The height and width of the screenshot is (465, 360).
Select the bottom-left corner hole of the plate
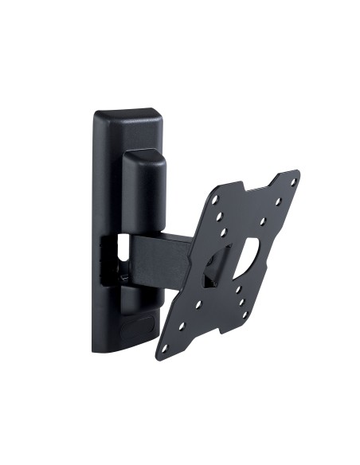click(x=166, y=345)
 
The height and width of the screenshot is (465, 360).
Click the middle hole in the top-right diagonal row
click(x=277, y=197)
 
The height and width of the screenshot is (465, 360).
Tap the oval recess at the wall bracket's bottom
click(x=143, y=327)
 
